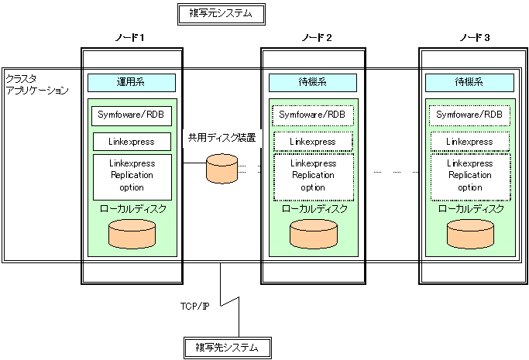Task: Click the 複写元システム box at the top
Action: tap(222, 14)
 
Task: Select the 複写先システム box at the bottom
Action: tap(228, 348)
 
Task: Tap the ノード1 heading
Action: tap(129, 38)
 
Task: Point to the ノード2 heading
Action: tap(317, 38)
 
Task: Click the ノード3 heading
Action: tap(474, 38)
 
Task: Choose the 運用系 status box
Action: tap(132, 83)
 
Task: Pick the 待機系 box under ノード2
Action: tap(313, 83)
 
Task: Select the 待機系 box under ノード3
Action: tap(469, 83)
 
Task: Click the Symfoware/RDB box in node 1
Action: tap(132, 116)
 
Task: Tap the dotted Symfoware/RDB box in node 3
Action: tap(469, 115)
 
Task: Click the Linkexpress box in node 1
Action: tap(132, 142)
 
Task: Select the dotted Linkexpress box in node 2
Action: tap(313, 142)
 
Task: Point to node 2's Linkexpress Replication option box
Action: tap(314, 177)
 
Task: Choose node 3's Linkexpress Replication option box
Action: tap(470, 177)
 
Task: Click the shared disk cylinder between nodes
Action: tap(222, 169)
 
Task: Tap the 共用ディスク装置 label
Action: tap(222, 138)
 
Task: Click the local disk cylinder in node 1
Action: tap(132, 235)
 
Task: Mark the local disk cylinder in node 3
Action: tap(471, 235)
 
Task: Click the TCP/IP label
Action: tap(194, 306)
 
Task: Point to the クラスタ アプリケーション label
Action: tap(37, 84)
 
